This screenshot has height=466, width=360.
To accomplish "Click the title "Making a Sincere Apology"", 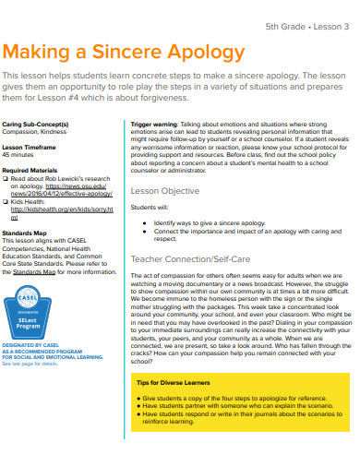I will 124,52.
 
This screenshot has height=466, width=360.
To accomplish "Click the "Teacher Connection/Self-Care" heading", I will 191,259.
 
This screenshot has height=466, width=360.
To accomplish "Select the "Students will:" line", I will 149,209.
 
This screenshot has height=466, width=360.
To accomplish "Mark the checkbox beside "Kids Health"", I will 6,200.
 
